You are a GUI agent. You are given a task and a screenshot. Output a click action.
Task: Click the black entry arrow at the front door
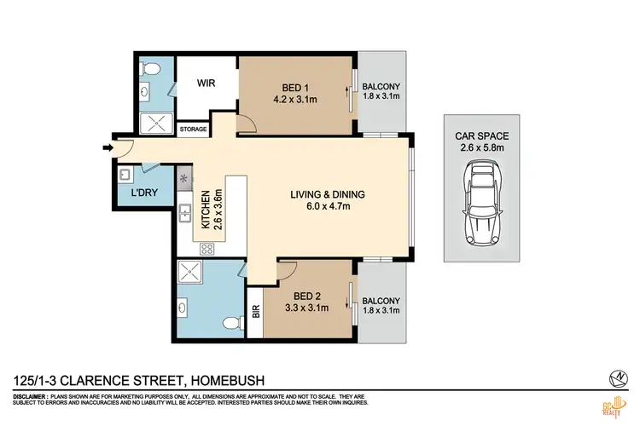pos(108,149)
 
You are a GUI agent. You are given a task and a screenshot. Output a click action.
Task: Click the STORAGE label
pos(193,129)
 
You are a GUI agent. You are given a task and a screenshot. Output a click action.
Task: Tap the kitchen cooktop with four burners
pos(206,249)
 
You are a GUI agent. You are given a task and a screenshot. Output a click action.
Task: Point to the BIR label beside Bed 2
pos(255,313)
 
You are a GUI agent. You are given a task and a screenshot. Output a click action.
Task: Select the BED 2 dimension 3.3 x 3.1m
pos(306,308)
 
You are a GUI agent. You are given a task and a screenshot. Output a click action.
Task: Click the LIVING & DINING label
pos(328,194)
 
